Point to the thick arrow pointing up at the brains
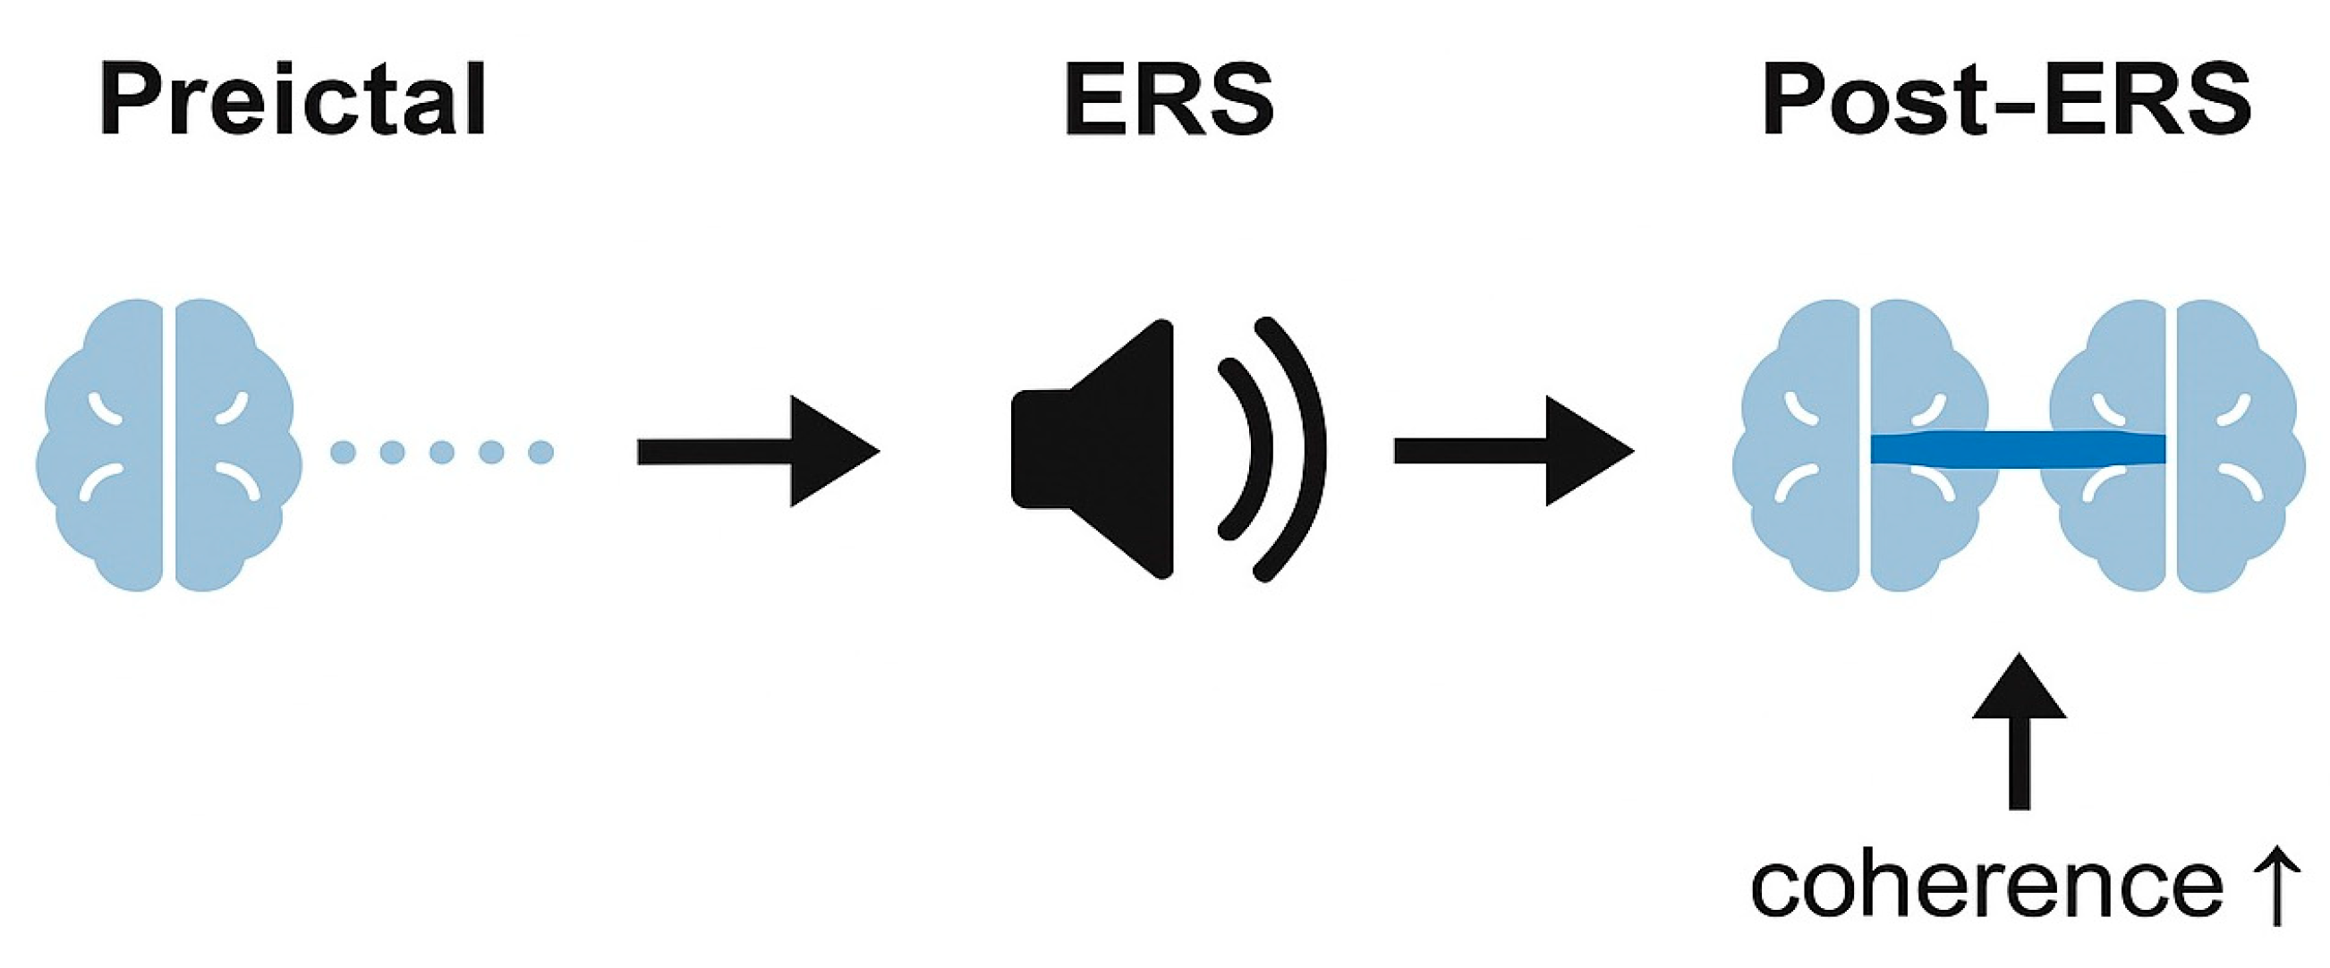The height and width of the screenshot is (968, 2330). click(2019, 733)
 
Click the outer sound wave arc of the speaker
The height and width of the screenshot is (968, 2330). click(1303, 450)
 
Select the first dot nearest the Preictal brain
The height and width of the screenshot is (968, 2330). click(343, 452)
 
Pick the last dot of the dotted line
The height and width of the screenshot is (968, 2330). click(540, 452)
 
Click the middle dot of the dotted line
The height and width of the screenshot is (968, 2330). click(441, 452)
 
